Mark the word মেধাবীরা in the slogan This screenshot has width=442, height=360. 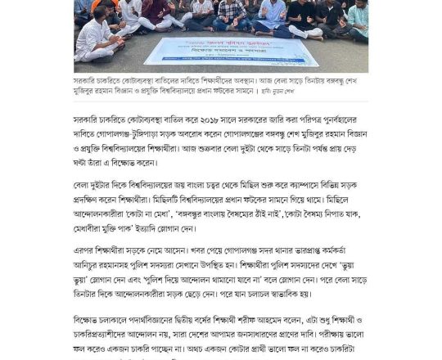point(92,236)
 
